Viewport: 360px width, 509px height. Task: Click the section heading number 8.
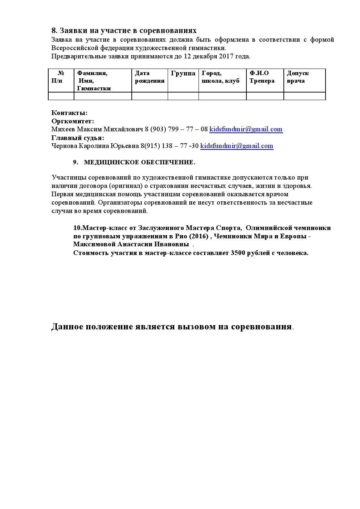coord(54,30)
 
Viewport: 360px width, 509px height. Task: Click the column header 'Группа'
coord(183,73)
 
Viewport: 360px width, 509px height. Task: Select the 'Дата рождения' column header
coord(150,77)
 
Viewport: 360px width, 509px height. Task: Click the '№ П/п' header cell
coord(60,77)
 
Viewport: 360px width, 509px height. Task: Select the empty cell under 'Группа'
coord(183,96)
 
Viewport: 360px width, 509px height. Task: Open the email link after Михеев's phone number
coord(246,129)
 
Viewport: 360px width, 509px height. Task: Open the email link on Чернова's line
coord(237,146)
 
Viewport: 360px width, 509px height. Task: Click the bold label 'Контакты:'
coord(69,113)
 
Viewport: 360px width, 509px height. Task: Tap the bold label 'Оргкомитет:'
coord(73,121)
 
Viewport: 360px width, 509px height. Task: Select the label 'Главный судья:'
coord(78,138)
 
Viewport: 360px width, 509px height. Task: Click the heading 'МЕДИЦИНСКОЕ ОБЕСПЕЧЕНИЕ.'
coord(139,163)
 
